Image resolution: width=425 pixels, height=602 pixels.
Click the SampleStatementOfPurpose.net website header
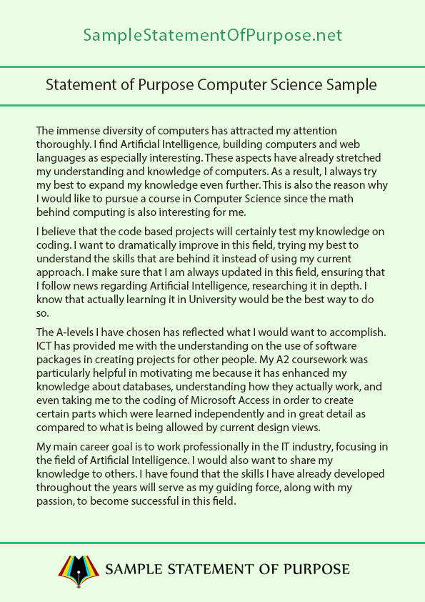tap(212, 35)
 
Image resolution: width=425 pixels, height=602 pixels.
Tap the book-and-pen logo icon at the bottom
tap(78, 568)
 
